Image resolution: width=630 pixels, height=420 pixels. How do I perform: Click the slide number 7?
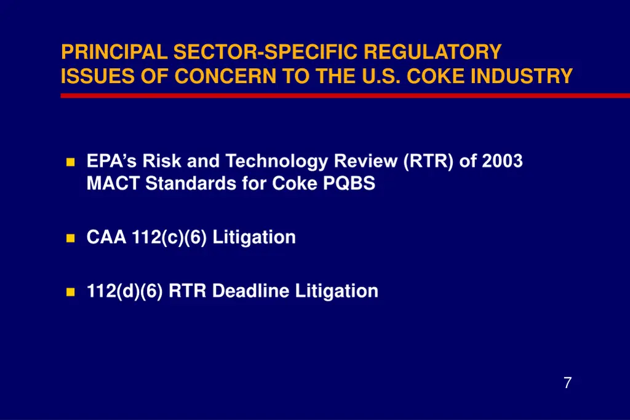click(567, 383)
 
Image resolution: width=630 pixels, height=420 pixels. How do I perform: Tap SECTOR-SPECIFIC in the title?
click(265, 52)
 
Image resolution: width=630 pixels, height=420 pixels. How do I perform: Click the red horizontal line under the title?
click(345, 95)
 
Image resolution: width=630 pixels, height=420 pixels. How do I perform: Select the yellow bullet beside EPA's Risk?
click(70, 162)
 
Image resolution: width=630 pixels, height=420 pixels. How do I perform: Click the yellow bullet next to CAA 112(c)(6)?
click(70, 238)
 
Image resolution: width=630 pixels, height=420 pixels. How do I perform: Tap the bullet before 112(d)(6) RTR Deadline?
click(70, 291)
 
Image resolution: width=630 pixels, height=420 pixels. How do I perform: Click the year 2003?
click(502, 161)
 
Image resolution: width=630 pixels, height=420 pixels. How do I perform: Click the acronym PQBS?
click(349, 184)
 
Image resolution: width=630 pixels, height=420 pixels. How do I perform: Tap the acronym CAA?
click(106, 237)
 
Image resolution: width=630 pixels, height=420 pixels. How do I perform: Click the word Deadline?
click(251, 291)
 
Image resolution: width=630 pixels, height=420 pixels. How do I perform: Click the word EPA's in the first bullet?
click(111, 161)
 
